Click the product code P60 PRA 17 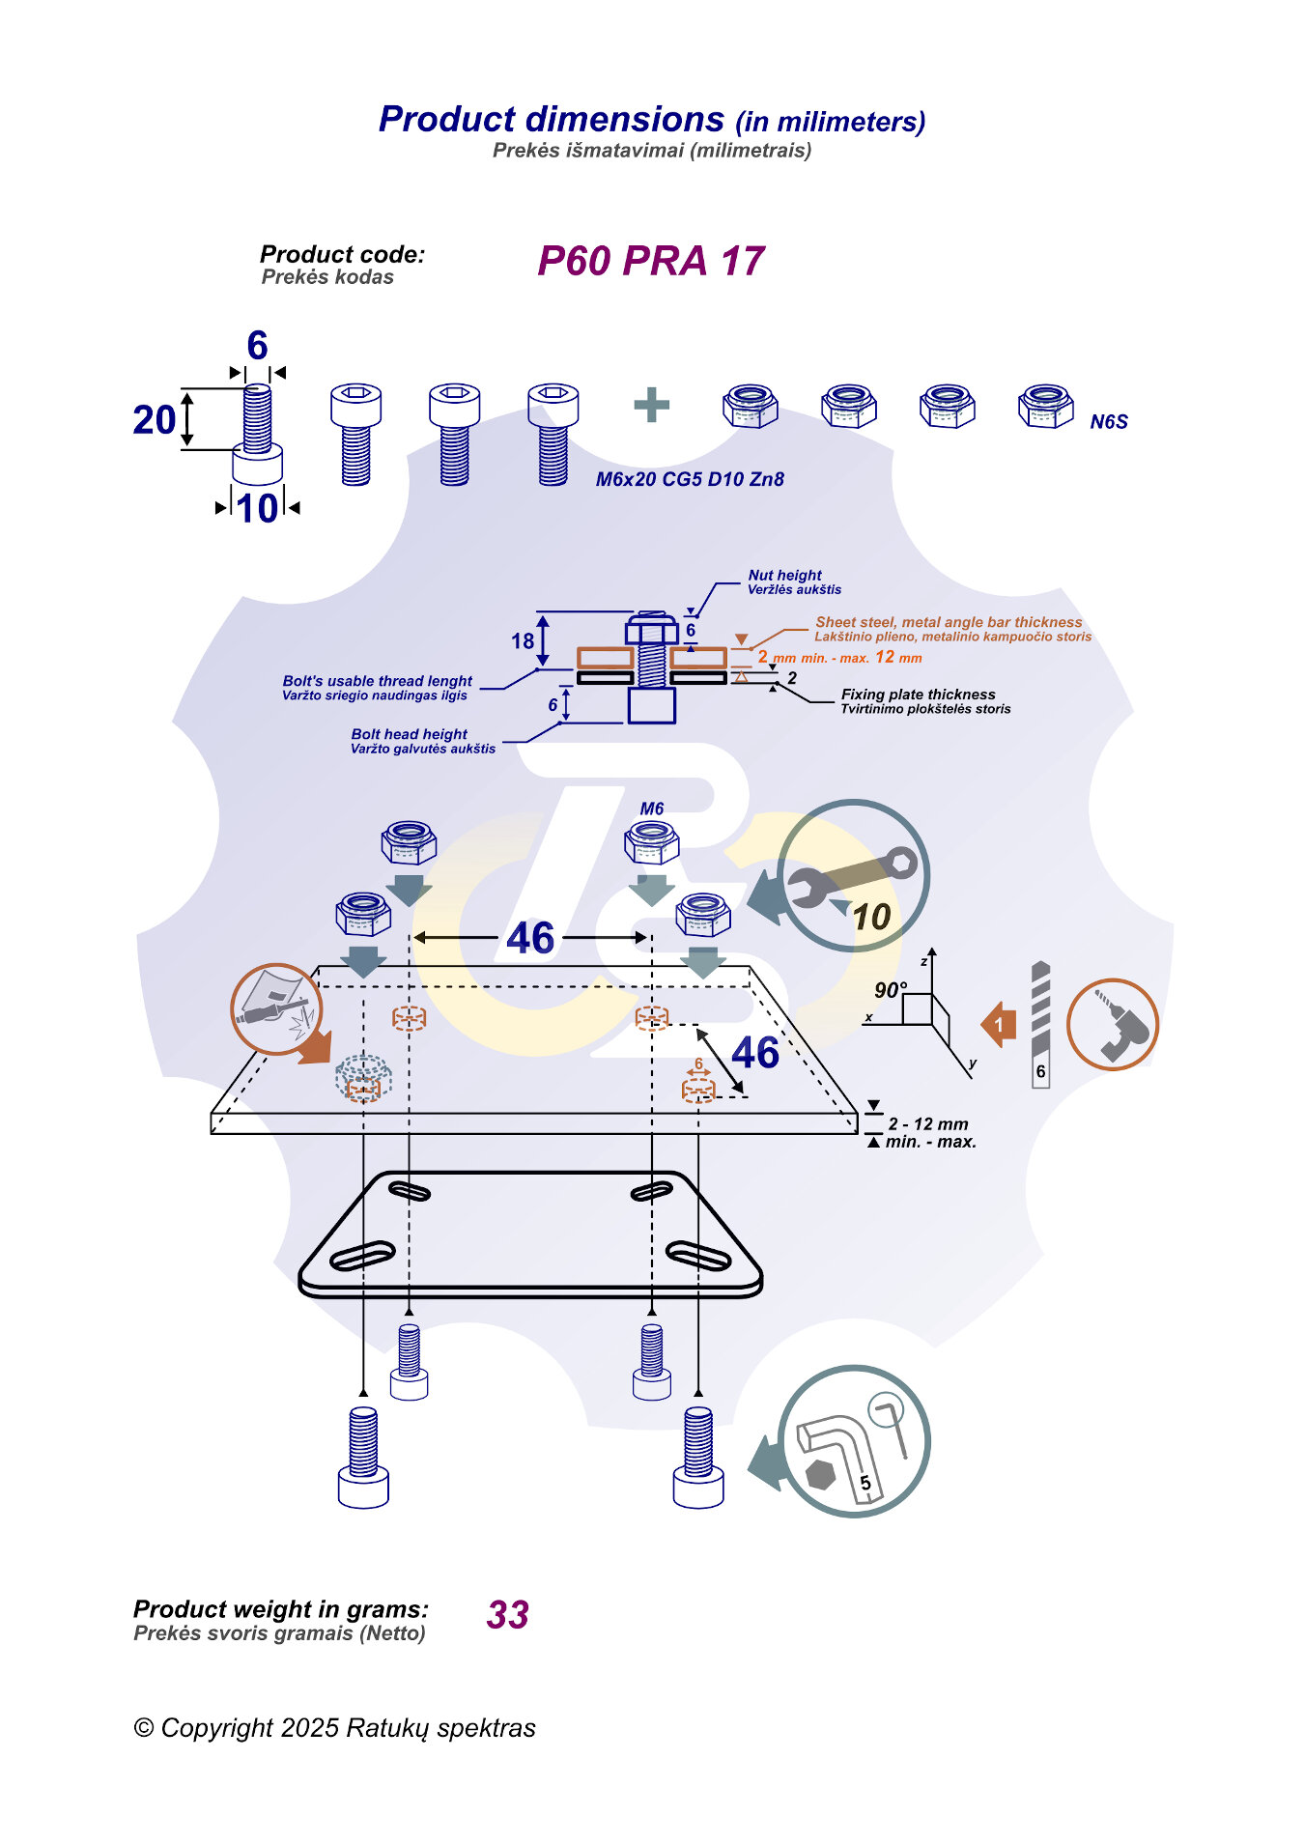(650, 261)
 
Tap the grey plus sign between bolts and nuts (651, 405)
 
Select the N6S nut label (1108, 422)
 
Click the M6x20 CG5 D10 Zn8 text (689, 479)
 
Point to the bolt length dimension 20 (155, 420)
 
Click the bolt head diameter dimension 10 (257, 509)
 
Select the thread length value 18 (523, 641)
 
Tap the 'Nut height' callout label (784, 575)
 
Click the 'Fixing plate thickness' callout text (918, 695)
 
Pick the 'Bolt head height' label (409, 734)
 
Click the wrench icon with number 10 (853, 875)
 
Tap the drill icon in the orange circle (1112, 1025)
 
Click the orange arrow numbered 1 (999, 1025)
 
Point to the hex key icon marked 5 (853, 1440)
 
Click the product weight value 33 (508, 1615)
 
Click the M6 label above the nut (652, 809)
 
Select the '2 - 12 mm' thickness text (928, 1124)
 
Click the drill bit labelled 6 (1040, 1025)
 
